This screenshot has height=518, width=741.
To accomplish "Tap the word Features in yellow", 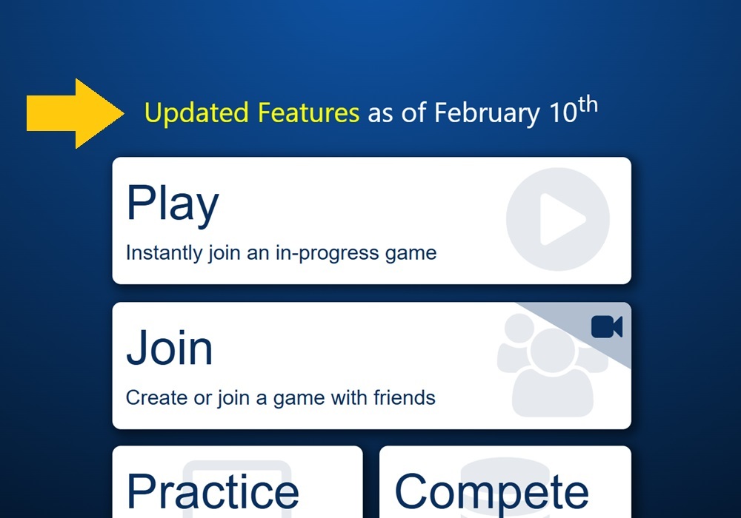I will pyautogui.click(x=308, y=113).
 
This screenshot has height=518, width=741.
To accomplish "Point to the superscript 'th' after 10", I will pyautogui.click(x=587, y=105).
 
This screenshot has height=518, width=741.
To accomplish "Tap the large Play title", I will pyautogui.click(x=173, y=203).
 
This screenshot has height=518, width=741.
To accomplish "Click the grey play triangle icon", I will pyautogui.click(x=560, y=219).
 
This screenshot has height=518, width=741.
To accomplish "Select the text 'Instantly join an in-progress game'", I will pyautogui.click(x=281, y=253).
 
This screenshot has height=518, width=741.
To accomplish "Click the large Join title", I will pyautogui.click(x=170, y=348).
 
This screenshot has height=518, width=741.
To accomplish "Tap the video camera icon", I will pyautogui.click(x=607, y=327).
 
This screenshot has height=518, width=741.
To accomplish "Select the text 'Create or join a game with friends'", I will pyautogui.click(x=280, y=398).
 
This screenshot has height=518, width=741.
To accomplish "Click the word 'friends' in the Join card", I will pyautogui.click(x=404, y=398).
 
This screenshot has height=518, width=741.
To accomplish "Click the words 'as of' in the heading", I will pyautogui.click(x=397, y=113).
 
